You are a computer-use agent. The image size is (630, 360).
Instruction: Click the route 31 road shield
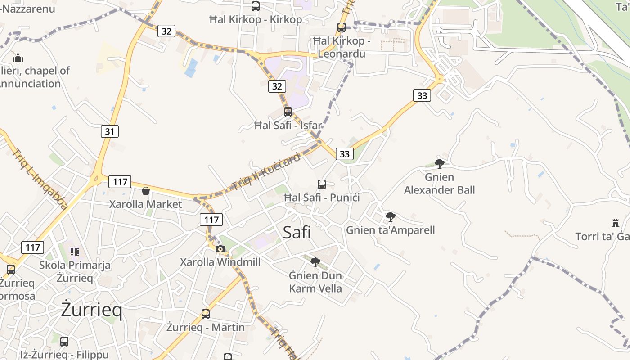click(110, 131)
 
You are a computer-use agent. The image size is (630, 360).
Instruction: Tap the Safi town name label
click(297, 232)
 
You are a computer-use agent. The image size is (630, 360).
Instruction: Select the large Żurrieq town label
click(91, 310)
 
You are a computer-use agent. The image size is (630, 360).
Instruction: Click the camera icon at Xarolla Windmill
click(220, 249)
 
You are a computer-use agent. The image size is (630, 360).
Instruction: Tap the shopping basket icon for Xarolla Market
click(145, 191)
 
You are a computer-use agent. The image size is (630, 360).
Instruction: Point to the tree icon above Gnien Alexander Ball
click(440, 164)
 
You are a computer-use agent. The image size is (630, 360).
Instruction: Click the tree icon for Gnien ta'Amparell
click(391, 217)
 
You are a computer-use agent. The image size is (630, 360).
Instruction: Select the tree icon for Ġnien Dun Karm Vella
click(315, 262)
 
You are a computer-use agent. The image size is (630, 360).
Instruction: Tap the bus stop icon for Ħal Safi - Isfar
click(288, 112)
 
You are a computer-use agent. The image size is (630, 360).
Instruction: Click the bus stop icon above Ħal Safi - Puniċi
click(322, 184)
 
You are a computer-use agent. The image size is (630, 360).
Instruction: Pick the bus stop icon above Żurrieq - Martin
click(206, 314)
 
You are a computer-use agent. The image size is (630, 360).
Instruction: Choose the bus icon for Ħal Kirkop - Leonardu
click(342, 27)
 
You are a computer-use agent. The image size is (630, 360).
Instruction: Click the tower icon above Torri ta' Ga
click(616, 223)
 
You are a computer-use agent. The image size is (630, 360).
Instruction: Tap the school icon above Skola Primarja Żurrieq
click(75, 252)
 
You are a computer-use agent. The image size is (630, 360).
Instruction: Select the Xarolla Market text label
click(146, 204)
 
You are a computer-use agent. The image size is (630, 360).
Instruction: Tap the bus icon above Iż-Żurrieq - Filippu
click(64, 342)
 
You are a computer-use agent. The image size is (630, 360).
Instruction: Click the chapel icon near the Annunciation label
click(18, 58)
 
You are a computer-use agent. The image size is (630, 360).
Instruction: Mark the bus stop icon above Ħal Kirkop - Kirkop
click(256, 6)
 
